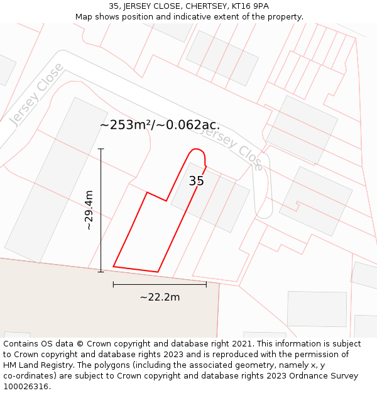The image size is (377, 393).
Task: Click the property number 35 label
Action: [x=196, y=181]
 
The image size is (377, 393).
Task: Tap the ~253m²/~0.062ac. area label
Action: [x=160, y=125]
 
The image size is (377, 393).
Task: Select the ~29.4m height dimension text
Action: [x=89, y=210]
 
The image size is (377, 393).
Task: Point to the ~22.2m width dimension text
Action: [x=160, y=297]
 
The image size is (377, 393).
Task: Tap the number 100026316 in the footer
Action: [x=27, y=386]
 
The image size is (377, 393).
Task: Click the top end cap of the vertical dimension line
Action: [x=101, y=149]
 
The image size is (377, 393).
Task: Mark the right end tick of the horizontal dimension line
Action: [x=206, y=284]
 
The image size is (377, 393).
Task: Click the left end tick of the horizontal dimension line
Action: [x=113, y=284]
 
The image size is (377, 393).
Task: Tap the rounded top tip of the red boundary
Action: [x=197, y=150]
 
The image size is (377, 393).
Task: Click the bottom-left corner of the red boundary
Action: [x=114, y=267]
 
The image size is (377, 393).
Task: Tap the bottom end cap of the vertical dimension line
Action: [x=101, y=272]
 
